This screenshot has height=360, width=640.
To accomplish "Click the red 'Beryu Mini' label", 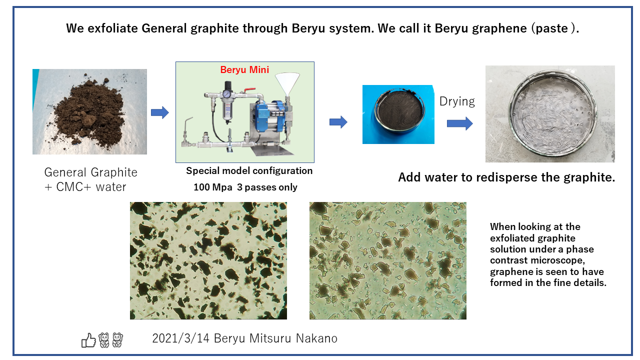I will (x=244, y=69).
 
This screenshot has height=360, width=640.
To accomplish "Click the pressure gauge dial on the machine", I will (x=227, y=93).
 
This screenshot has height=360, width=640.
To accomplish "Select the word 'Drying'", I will (x=457, y=101).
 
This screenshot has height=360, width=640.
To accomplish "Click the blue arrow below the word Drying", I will (x=459, y=123).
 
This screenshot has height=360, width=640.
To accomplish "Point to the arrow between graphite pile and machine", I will (x=159, y=112).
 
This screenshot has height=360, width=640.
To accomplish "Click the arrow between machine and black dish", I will (x=338, y=122).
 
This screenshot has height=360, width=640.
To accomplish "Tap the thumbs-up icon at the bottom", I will (x=88, y=340).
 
